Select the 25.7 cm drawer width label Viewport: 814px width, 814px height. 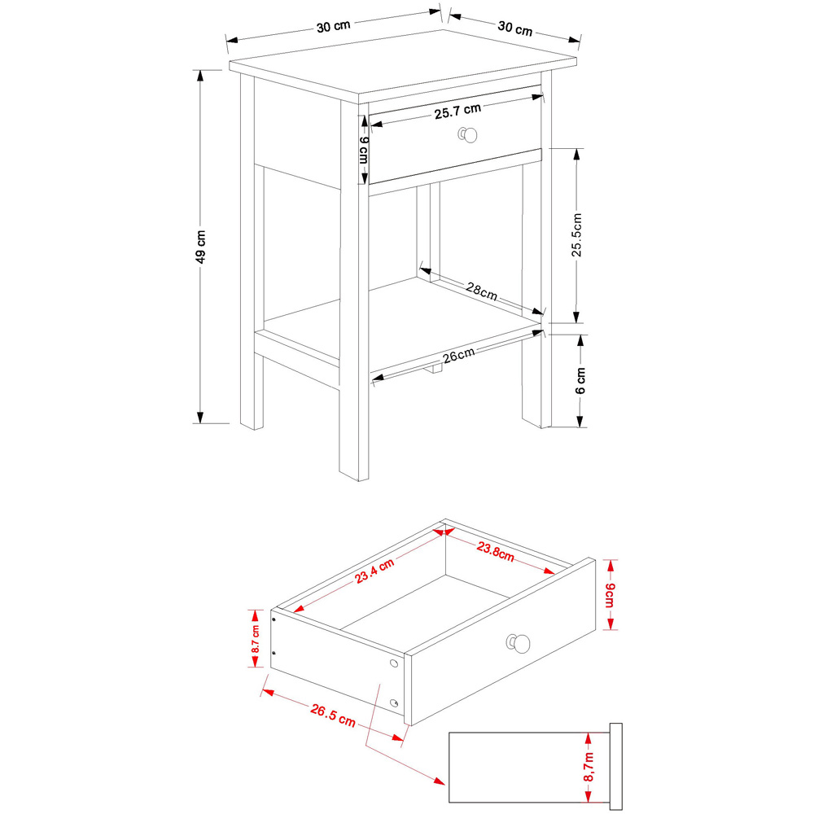pos(457,112)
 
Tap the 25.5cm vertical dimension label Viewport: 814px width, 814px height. pos(577,235)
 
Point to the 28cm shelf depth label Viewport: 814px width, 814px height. pos(481,291)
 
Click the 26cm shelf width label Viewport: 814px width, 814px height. pos(460,356)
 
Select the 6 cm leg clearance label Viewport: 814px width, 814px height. pos(580,381)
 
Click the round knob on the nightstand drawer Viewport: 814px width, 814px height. pos(467,134)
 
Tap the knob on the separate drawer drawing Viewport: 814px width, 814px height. pos(519,644)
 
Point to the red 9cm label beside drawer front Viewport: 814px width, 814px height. pos(610,598)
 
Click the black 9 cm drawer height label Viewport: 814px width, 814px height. pos(364,150)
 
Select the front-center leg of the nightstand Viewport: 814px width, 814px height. pos(354,326)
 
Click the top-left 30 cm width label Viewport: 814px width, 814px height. pos(334,26)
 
